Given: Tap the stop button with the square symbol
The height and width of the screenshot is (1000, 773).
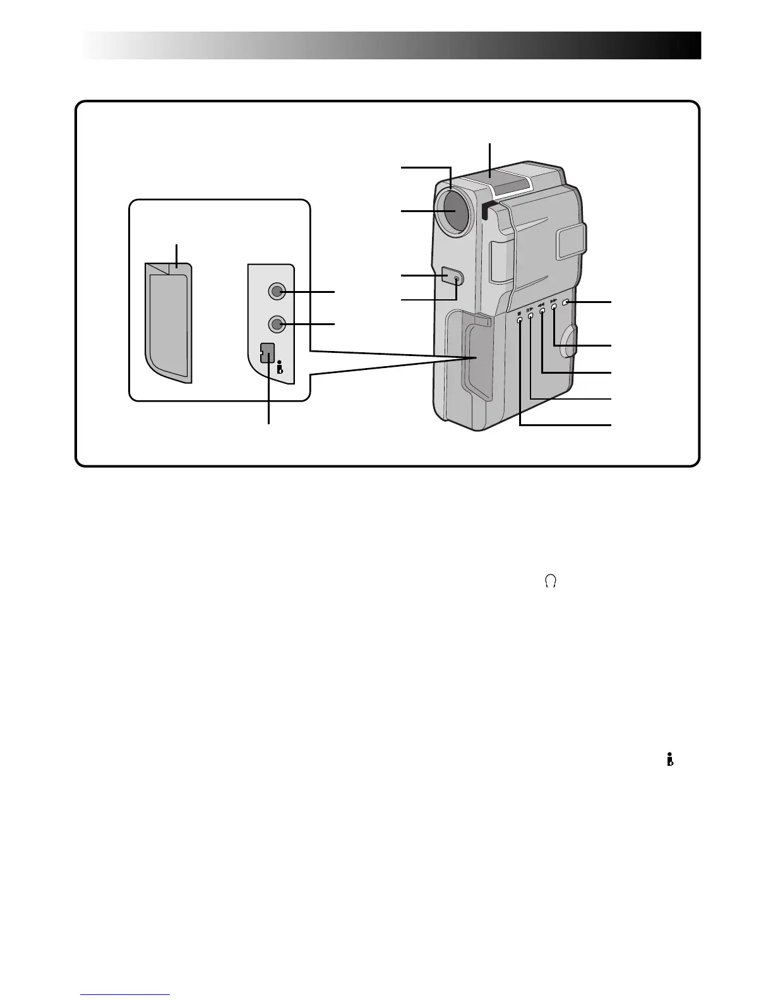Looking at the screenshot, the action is (520, 320).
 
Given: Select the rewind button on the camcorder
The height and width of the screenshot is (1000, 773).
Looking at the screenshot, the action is (542, 311).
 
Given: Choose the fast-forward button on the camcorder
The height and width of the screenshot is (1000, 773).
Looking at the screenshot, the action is (554, 307).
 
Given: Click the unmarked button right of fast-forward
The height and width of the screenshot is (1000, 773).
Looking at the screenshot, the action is (566, 304).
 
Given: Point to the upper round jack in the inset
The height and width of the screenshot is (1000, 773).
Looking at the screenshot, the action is (277, 291).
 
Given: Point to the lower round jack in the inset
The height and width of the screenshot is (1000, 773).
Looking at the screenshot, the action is (277, 324).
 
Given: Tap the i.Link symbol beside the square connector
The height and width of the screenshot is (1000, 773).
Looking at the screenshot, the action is (280, 367).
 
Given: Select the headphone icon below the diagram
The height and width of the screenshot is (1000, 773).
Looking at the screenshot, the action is (550, 583).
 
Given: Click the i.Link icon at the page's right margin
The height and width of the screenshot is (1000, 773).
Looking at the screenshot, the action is (669, 761).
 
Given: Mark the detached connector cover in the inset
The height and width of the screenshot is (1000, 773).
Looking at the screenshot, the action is (169, 322).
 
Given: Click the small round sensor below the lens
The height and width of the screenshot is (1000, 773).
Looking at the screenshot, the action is (456, 277).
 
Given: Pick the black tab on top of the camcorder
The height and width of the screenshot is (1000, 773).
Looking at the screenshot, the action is (485, 211).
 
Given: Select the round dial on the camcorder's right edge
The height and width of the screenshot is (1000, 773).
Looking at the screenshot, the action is (569, 341).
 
